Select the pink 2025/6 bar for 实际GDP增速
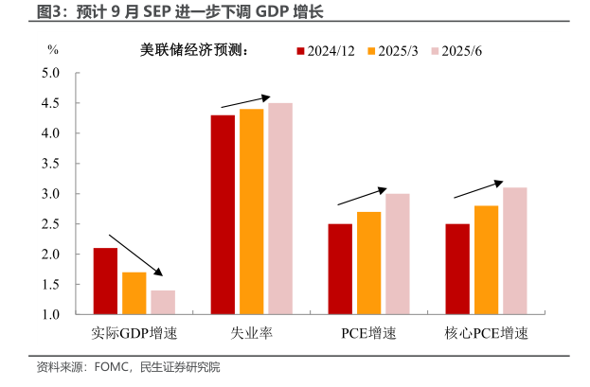click(163, 302)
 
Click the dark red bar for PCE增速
click(340, 269)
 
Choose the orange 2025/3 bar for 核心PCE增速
click(487, 260)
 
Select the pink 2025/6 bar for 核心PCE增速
click(515, 251)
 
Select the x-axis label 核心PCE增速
click(486, 334)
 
